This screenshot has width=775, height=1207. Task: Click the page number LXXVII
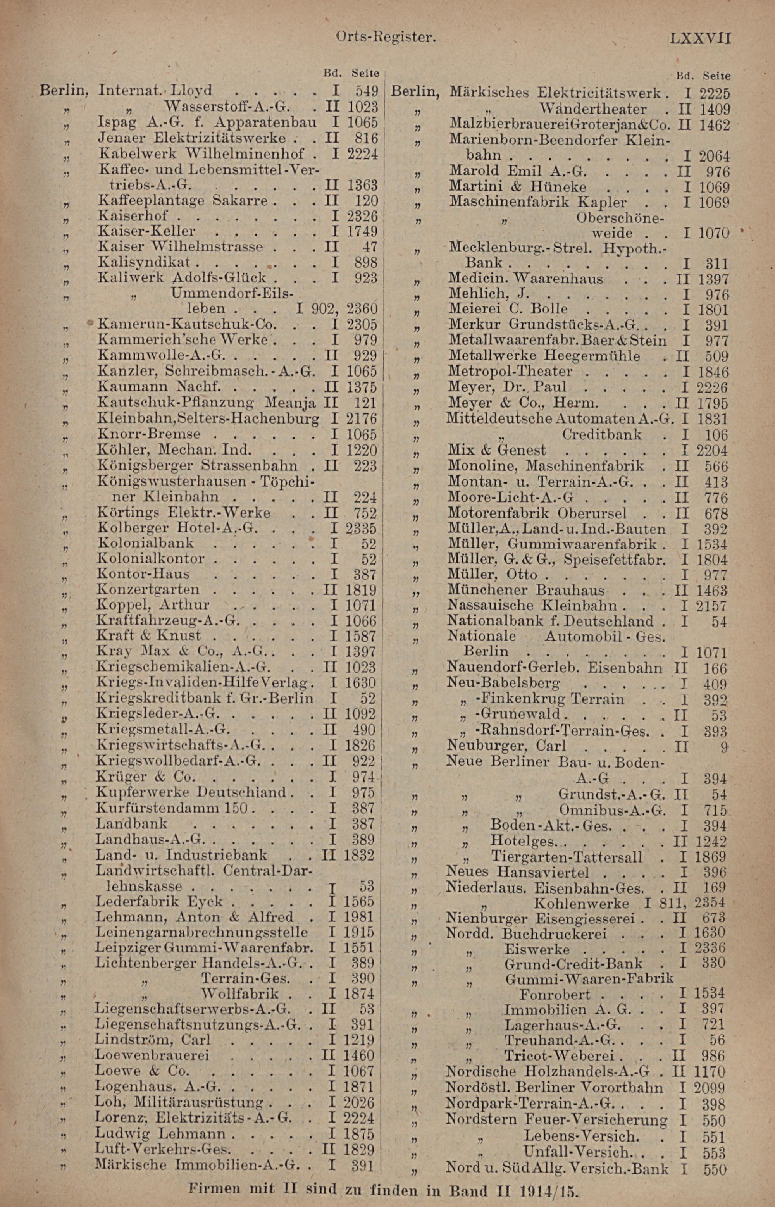pyautogui.click(x=699, y=38)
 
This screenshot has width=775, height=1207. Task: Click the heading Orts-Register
pyautogui.click(x=385, y=37)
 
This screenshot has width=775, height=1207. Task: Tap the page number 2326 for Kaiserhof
pyautogui.click(x=362, y=216)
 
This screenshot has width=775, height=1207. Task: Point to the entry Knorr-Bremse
pyautogui.click(x=148, y=434)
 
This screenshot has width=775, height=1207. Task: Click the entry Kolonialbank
pyautogui.click(x=145, y=543)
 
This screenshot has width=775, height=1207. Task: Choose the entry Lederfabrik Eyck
pyautogui.click(x=159, y=901)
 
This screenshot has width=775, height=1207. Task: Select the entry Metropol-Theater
pyautogui.click(x=510, y=371)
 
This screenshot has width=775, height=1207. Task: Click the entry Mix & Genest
pyautogui.click(x=497, y=449)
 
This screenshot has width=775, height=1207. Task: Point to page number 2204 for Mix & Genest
pyautogui.click(x=712, y=450)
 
